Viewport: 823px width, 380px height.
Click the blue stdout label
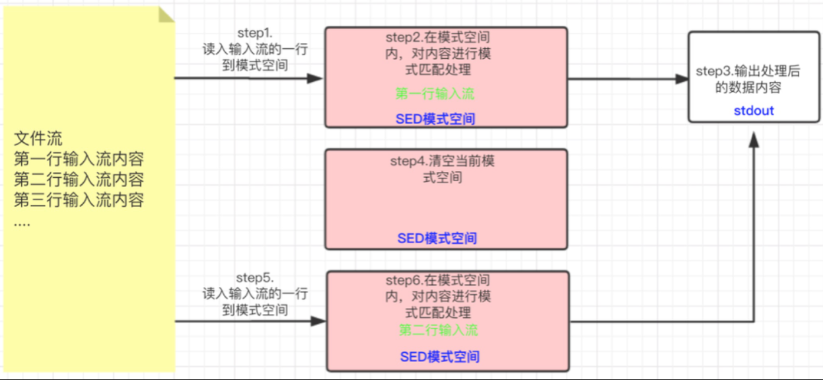pyautogui.click(x=754, y=110)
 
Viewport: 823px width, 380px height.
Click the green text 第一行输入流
pyautogui.click(x=435, y=94)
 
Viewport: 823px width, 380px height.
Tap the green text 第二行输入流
pyautogui.click(x=438, y=330)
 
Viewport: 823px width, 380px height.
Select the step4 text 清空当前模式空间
pyautogui.click(x=442, y=169)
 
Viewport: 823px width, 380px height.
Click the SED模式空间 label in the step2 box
pyautogui.click(x=435, y=119)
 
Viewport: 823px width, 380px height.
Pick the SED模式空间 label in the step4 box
pyautogui.click(x=437, y=238)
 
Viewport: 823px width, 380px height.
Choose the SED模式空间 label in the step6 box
pyautogui.click(x=439, y=357)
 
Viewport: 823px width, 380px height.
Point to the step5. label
pyautogui.click(x=255, y=277)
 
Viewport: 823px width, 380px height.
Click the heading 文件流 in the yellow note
pyautogui.click(x=38, y=139)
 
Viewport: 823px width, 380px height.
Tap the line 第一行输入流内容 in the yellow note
pyautogui.click(x=79, y=159)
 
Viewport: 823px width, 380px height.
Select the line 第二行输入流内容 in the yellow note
pyautogui.click(x=79, y=179)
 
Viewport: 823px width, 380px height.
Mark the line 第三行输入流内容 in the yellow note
pyautogui.click(x=79, y=200)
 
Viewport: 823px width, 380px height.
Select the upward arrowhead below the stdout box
pyautogui.click(x=754, y=139)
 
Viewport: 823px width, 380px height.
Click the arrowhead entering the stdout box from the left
pyautogui.click(x=682, y=79)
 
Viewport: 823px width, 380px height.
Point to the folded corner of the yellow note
pyautogui.click(x=166, y=15)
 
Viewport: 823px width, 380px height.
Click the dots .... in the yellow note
pyautogui.click(x=22, y=223)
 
